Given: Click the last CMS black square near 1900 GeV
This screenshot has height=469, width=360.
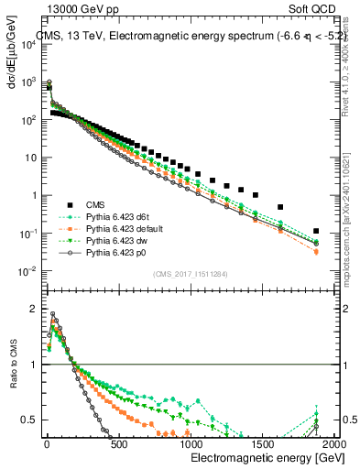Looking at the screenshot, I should coord(316,231).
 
